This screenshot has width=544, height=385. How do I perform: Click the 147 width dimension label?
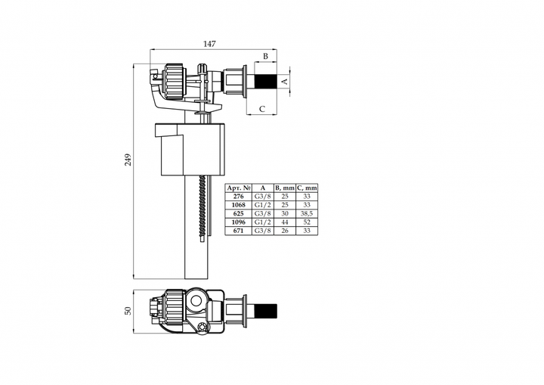(209, 44)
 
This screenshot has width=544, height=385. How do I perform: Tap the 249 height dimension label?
(128, 160)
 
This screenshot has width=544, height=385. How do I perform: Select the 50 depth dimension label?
(128, 311)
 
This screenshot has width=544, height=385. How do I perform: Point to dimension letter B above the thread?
(265, 56)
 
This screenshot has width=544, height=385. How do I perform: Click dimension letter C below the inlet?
(262, 109)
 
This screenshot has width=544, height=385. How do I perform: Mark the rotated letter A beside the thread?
(285, 81)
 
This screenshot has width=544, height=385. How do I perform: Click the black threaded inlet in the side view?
(266, 82)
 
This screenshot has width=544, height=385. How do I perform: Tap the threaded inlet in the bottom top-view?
(266, 311)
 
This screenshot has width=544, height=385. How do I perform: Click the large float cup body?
(190, 149)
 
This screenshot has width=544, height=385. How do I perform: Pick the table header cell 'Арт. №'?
(238, 188)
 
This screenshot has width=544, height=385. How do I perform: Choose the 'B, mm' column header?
(285, 188)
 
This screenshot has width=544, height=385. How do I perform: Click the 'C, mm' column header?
(307, 188)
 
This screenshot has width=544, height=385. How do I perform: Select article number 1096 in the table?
(238, 222)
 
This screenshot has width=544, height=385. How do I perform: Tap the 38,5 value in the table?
(307, 214)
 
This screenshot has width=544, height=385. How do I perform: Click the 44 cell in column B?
(285, 222)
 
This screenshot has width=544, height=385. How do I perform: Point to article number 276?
(238, 197)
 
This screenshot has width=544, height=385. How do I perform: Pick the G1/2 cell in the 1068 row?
(263, 205)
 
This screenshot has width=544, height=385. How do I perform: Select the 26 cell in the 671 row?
(285, 231)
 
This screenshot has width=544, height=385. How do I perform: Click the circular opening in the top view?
(196, 300)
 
